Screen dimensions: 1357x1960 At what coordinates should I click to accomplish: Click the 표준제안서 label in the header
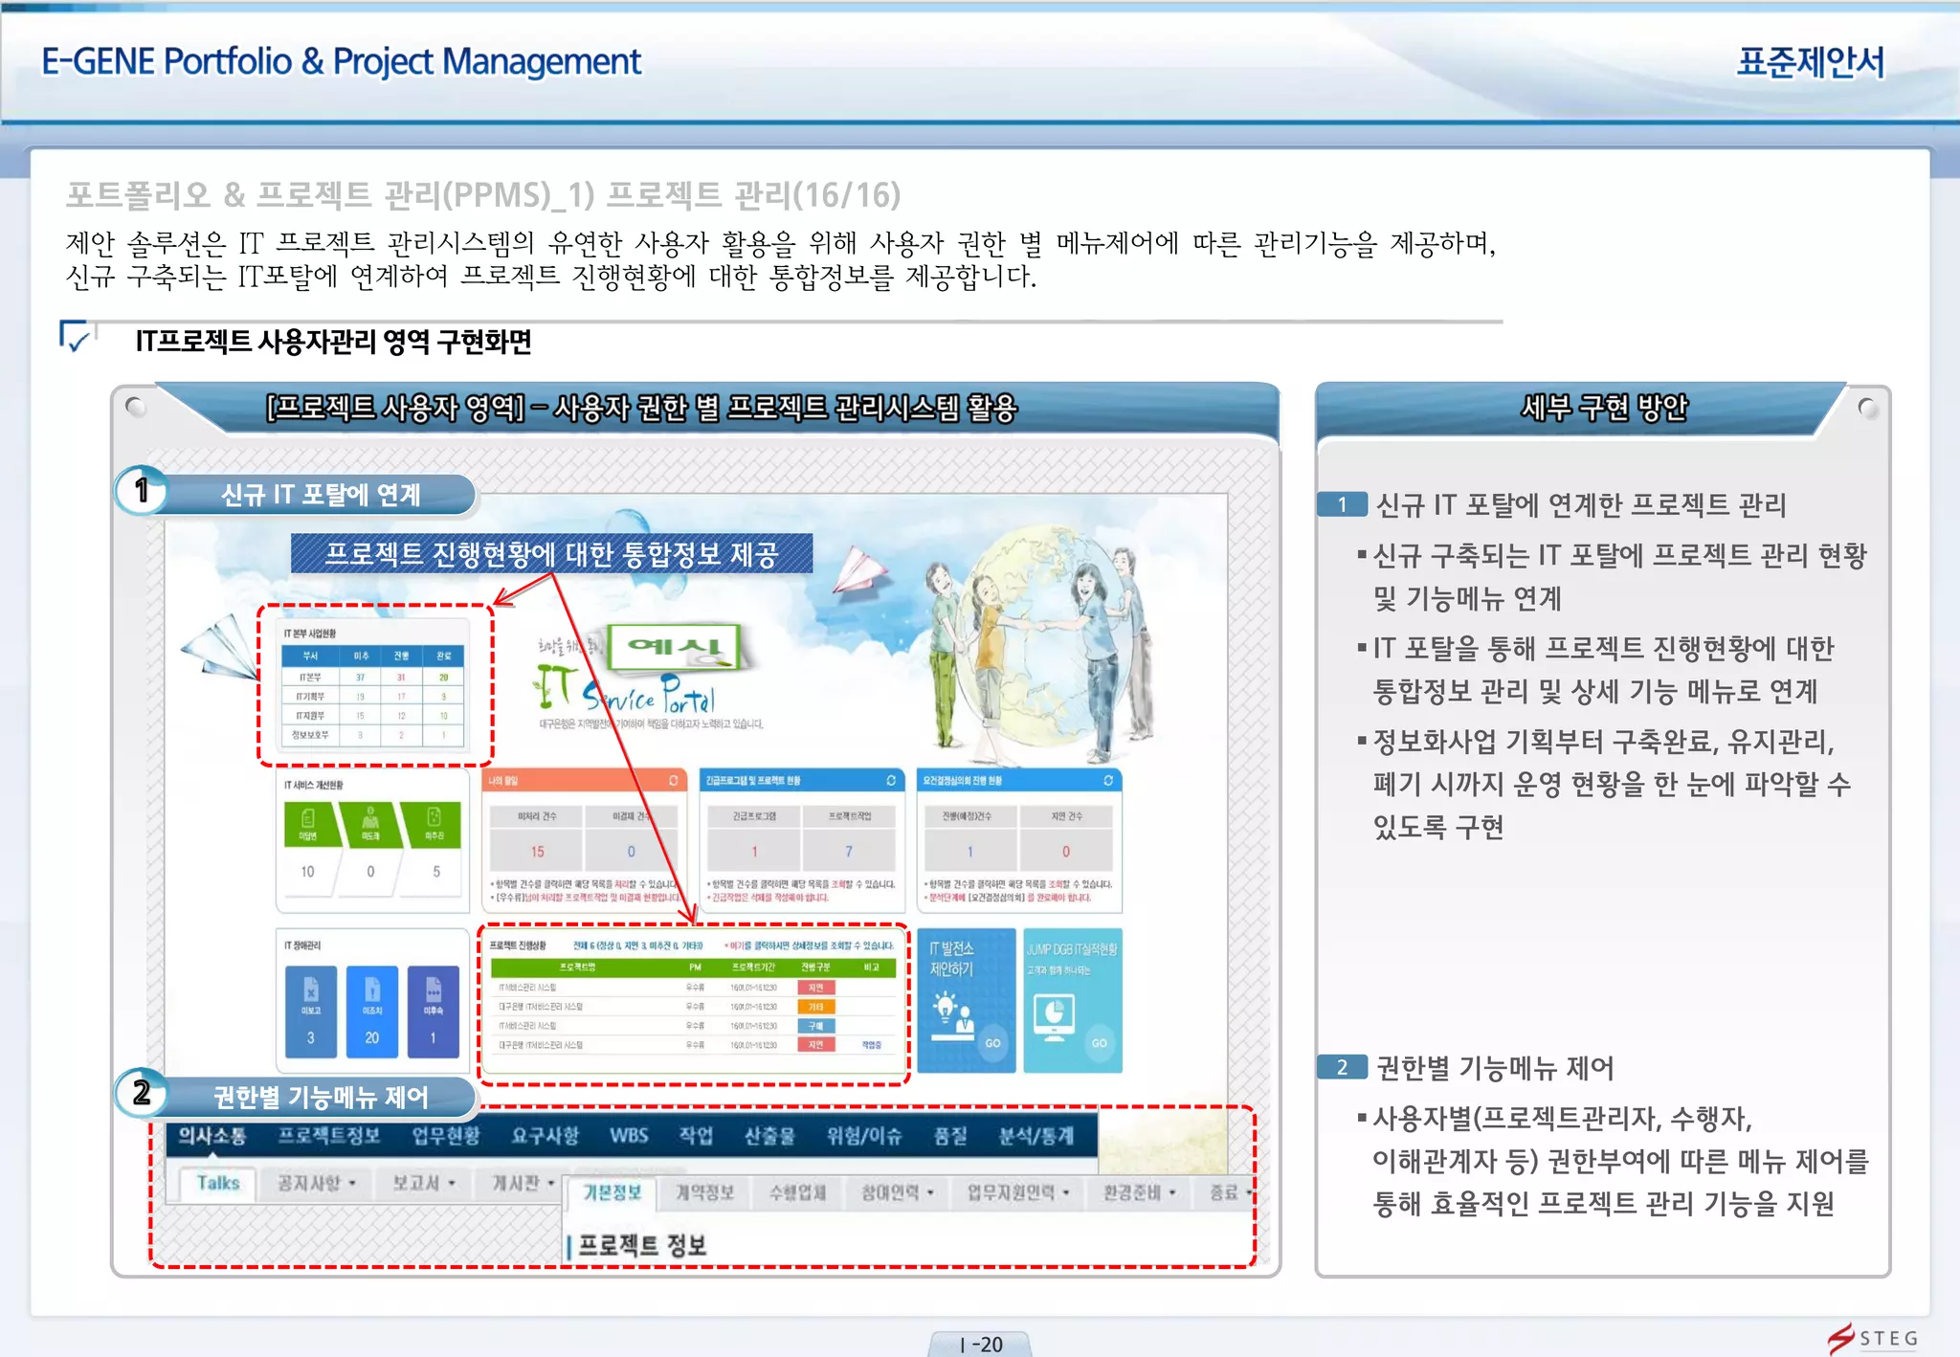[x=1810, y=62]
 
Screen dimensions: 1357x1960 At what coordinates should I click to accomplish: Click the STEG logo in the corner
[x=1873, y=1337]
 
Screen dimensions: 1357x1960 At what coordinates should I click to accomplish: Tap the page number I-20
[x=980, y=1344]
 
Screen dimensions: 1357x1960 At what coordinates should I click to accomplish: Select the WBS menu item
[x=629, y=1136]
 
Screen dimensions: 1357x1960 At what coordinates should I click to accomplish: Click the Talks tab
[x=218, y=1183]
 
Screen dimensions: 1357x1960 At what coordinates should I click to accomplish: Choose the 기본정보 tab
[x=612, y=1192]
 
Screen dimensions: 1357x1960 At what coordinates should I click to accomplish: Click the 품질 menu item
[x=950, y=1136]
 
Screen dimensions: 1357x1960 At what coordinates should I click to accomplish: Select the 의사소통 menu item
[x=212, y=1136]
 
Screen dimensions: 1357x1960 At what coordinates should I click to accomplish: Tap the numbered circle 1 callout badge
[x=142, y=491]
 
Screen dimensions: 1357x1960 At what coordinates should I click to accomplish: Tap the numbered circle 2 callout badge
[x=142, y=1093]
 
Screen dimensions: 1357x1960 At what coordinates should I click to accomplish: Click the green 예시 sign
[x=676, y=647]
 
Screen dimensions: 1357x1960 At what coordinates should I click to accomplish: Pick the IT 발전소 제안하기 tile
[x=966, y=1000]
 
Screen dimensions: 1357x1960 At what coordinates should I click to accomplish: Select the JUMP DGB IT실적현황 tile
[x=1072, y=1000]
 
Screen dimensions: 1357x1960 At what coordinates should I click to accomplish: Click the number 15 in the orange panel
[x=537, y=851]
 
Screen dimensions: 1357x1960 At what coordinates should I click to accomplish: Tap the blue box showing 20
[x=371, y=1012]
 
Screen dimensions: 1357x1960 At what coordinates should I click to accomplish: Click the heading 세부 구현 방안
[x=1603, y=409]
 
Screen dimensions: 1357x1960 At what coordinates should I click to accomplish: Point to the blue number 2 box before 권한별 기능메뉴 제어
[x=1342, y=1067]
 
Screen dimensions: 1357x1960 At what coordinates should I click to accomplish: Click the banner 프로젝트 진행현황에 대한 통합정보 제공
[x=551, y=554]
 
